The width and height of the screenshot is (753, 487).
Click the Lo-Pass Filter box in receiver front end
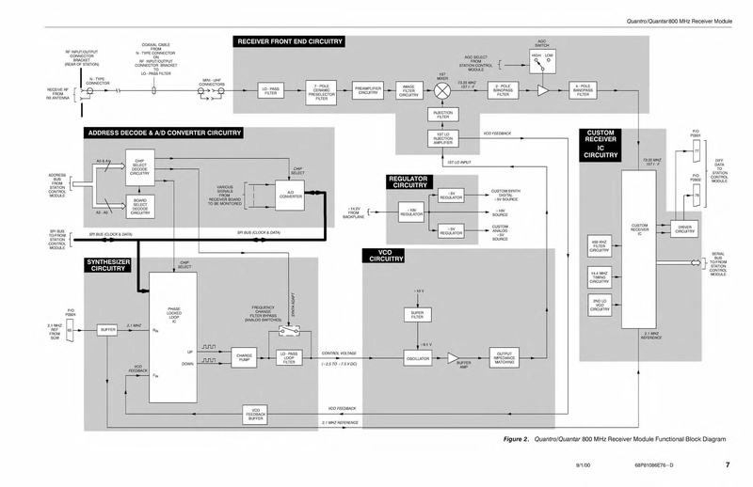pyautogui.click(x=272, y=91)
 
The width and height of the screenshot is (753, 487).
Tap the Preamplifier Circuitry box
pyautogui.click(x=367, y=91)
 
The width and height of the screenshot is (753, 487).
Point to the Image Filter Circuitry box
pyautogui.click(x=409, y=91)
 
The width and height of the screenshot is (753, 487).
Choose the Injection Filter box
pyautogui.click(x=441, y=116)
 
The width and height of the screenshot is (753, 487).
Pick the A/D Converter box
pyautogui.click(x=289, y=196)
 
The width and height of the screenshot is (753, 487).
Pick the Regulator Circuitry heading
pyautogui.click(x=410, y=181)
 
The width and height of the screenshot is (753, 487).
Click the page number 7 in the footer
pyautogui.click(x=727, y=465)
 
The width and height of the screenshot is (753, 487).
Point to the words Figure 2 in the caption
pyautogui.click(x=516, y=439)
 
